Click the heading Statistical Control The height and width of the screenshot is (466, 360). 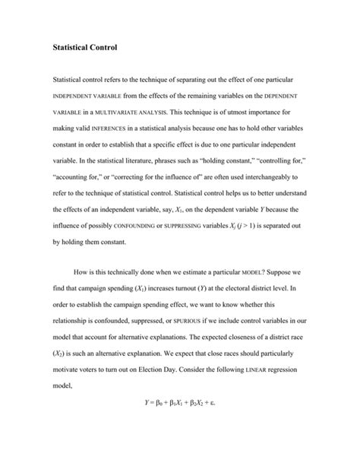(84, 48)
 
